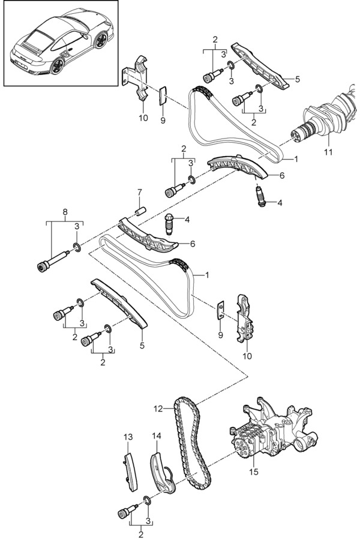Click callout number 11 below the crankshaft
[x=328, y=151]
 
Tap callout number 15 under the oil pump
[x=254, y=472]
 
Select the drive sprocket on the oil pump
[x=241, y=448]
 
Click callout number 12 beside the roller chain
[x=158, y=409]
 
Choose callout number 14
[x=157, y=436]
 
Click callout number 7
[x=140, y=191]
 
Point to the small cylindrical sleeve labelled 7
[x=142, y=210]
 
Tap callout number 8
[x=65, y=212]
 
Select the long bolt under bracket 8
[x=54, y=261]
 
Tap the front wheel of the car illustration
[x=101, y=40]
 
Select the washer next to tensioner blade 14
[x=146, y=500]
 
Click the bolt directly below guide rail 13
[x=127, y=509]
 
